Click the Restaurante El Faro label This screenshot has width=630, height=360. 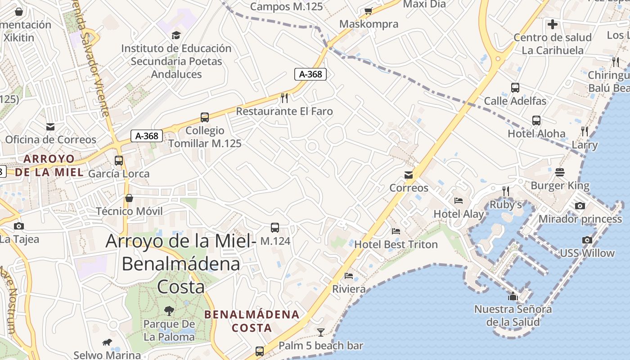coord(284,111)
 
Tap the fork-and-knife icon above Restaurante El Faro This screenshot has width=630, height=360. coord(284,98)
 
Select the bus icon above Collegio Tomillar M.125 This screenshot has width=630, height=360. coord(205,117)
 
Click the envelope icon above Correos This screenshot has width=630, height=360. coord(409,175)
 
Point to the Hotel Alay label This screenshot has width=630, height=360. coord(459,214)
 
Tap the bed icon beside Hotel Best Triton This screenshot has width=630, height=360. coord(396,231)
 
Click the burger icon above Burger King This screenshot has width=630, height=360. coord(560,172)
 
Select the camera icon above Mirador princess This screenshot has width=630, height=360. coord(580,206)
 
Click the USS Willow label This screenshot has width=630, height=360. coord(587,253)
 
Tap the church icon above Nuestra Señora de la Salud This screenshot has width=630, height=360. coord(513,296)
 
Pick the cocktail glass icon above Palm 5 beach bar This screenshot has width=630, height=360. coord(320,333)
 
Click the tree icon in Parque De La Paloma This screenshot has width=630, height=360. coord(169,310)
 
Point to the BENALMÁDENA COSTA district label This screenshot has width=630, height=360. coord(252,321)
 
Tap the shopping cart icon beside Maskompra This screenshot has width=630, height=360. coord(369,11)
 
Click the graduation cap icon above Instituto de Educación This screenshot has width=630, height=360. coord(176,35)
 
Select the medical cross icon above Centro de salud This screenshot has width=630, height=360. coord(553,24)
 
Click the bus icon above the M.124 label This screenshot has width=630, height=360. coord(275,228)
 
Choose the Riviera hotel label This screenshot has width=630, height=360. coord(349,289)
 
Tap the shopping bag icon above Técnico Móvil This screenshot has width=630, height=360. coord(129,198)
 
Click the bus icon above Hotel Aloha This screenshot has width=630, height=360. coord(536,120)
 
